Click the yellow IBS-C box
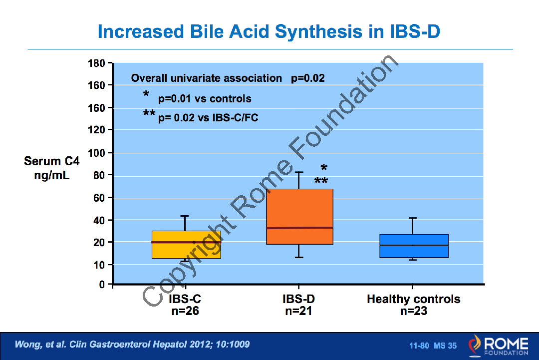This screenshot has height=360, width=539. click(x=186, y=245)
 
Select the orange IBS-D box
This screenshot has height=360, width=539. click(x=299, y=210)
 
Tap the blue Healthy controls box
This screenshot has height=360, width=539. click(x=413, y=246)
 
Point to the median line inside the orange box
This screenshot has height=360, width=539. click(x=299, y=228)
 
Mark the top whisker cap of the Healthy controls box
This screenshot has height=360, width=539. click(x=413, y=218)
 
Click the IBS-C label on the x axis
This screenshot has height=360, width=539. click(x=185, y=300)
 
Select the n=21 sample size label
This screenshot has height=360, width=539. click(x=298, y=311)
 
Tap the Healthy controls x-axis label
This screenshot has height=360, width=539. click(x=413, y=300)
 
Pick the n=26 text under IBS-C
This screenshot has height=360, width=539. click(x=185, y=311)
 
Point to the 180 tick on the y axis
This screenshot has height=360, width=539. click(x=97, y=63)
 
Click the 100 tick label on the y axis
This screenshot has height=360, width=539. click(x=97, y=153)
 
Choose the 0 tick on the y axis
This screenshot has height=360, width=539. click(x=102, y=285)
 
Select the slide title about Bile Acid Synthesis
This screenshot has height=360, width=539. click(x=269, y=31)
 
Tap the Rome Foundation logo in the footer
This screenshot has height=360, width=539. click(x=498, y=346)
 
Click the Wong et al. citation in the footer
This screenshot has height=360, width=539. click(x=132, y=345)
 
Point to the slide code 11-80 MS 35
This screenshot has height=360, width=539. click(x=433, y=346)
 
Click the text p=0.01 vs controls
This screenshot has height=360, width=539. click(x=205, y=99)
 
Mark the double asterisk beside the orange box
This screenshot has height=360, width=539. click(x=321, y=181)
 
